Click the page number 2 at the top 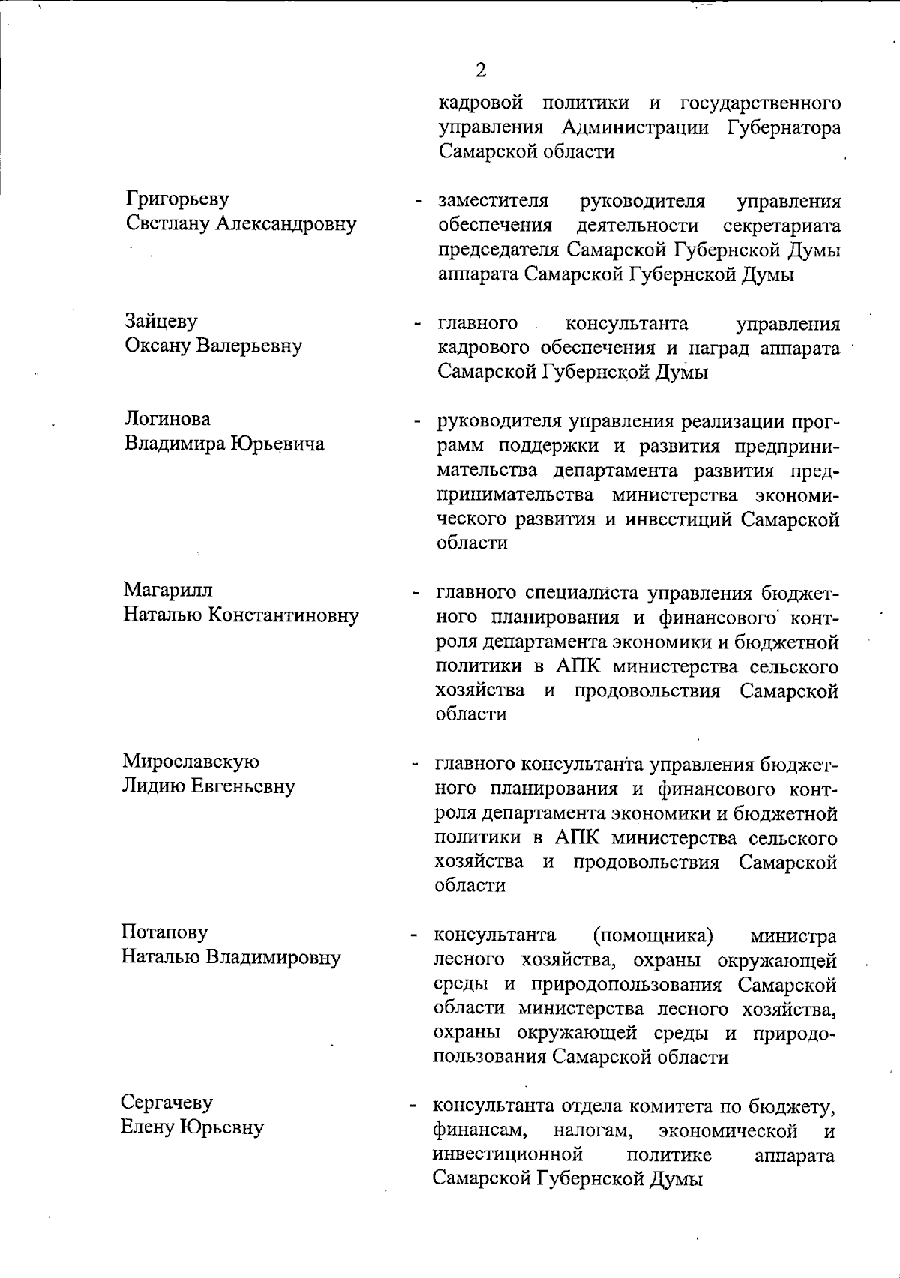[x=481, y=70]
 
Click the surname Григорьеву [x=178, y=199]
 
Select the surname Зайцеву [x=161, y=322]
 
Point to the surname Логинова [x=168, y=419]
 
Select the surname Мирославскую [x=191, y=762]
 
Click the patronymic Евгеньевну [x=244, y=786]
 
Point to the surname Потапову [x=165, y=932]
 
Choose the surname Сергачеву [x=166, y=1103]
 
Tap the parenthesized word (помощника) [x=652, y=935]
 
